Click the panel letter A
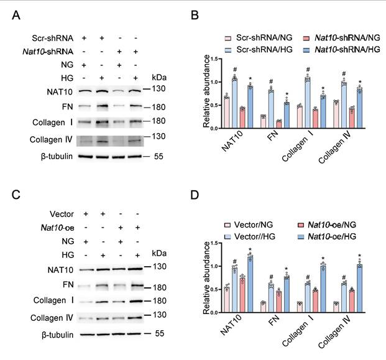tap(16, 16)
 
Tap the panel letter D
tap(195, 195)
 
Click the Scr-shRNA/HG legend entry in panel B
tap(259, 50)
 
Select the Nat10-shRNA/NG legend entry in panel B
tap(341, 38)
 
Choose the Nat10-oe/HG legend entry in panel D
tap(327, 237)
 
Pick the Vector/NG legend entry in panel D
tap(249, 225)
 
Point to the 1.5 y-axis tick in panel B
tap(216, 59)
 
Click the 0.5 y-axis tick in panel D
tap(216, 289)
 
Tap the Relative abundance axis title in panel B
tap(206, 91)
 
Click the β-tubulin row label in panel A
tap(57, 157)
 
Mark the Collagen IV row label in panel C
tap(52, 318)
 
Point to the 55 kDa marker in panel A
tap(159, 156)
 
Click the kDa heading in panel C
tap(159, 253)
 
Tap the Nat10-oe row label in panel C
tap(57, 228)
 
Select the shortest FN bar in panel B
tap(278, 124)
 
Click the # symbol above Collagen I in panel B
tap(308, 69)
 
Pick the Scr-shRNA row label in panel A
tap(52, 39)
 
